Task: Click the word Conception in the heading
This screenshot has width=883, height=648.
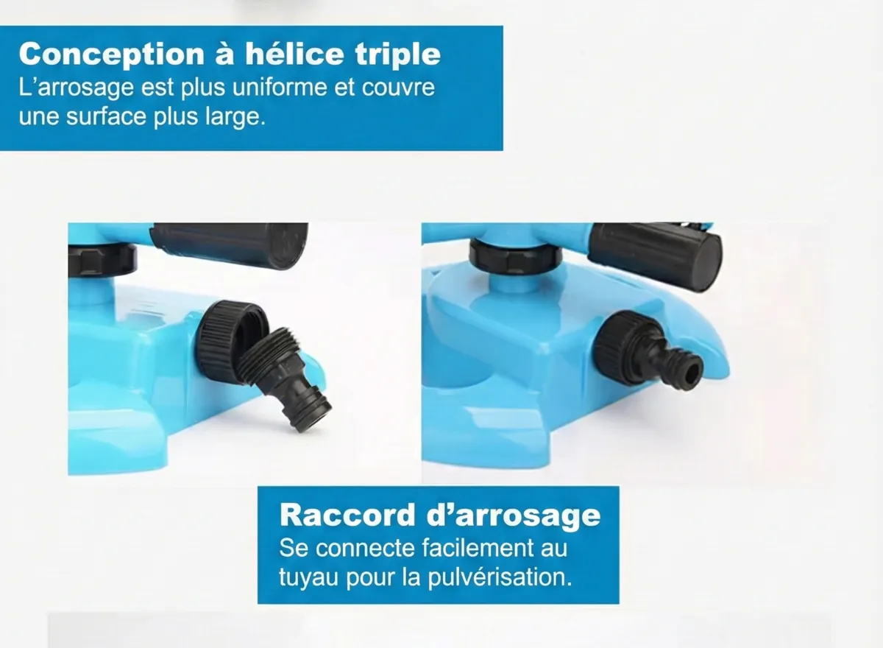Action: point(112,54)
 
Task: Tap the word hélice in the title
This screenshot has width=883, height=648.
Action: point(294,53)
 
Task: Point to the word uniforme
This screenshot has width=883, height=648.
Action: point(280,88)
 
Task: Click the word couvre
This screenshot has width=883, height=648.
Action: point(398,88)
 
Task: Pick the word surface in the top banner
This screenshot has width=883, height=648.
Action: point(107,117)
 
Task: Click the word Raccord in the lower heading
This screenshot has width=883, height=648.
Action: point(347,515)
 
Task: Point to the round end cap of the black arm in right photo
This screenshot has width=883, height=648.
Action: point(706,262)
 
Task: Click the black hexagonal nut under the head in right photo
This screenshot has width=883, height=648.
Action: point(516,257)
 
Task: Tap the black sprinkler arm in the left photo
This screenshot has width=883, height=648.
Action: point(229,245)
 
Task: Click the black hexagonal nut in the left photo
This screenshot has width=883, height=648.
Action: point(102,260)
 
